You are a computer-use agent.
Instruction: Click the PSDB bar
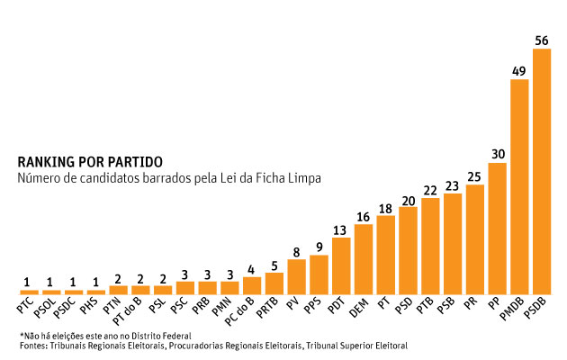tap(541, 171)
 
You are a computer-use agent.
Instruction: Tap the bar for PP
tap(497, 229)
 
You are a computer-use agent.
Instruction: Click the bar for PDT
tap(341, 265)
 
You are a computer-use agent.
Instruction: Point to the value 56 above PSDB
tap(541, 40)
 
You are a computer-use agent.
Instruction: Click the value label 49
tap(519, 71)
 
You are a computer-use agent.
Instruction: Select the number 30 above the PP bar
tap(497, 154)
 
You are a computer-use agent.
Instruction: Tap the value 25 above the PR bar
tap(475, 176)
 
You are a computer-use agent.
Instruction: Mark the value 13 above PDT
tap(341, 229)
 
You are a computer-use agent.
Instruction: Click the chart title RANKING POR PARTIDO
tap(90, 162)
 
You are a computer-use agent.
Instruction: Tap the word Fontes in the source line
tap(33, 345)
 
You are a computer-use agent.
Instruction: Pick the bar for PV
tap(297, 276)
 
